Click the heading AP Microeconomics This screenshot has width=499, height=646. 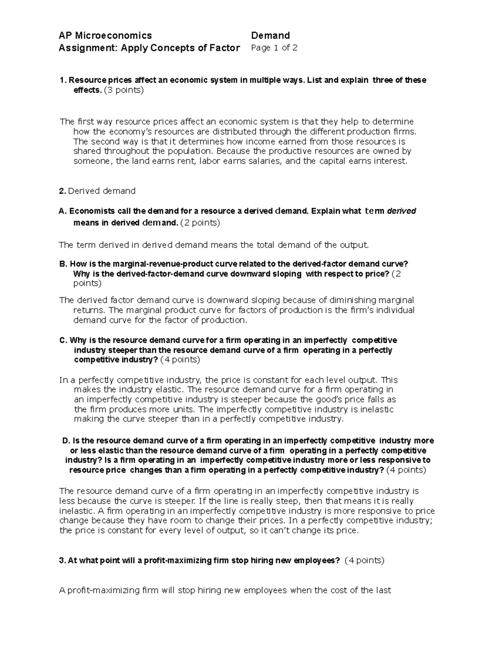click(105, 36)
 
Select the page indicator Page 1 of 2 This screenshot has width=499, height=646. click(274, 48)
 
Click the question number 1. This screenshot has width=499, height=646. click(63, 80)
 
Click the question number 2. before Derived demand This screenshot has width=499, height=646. click(62, 191)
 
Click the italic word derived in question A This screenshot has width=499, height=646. click(401, 211)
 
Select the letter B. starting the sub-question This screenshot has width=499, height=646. click(63, 264)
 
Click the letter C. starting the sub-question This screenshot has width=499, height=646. click(63, 340)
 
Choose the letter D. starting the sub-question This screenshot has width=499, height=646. click(66, 441)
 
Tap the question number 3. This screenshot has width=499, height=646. click(63, 561)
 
